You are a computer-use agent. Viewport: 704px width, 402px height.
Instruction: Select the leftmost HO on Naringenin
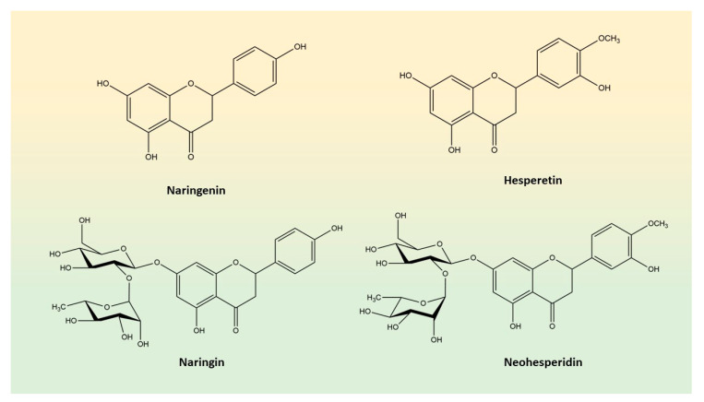(103, 84)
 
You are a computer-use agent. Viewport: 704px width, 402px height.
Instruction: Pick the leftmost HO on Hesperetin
(407, 75)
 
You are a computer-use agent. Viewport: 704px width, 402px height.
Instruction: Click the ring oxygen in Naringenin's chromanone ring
(191, 84)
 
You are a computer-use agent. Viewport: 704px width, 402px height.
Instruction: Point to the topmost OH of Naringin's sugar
(85, 221)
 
